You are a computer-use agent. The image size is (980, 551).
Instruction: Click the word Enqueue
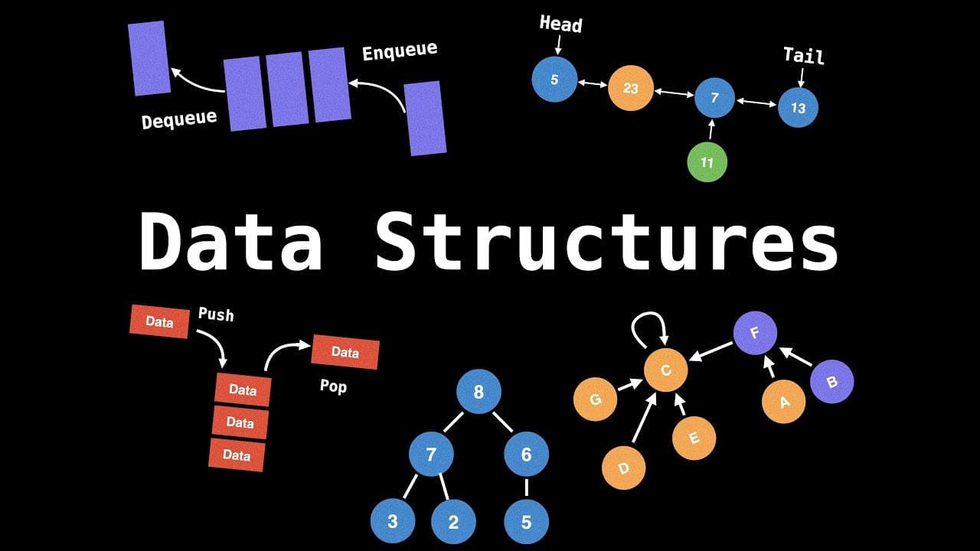400,52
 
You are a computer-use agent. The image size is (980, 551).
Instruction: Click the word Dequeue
179,119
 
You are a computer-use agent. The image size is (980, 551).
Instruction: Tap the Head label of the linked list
560,24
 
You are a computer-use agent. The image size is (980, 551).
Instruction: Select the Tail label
803,56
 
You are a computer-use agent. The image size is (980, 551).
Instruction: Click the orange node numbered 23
630,88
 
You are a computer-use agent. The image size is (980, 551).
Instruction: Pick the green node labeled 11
707,162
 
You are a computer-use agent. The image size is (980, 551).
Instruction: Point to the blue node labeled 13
798,108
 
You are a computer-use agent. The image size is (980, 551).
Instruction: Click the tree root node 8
479,393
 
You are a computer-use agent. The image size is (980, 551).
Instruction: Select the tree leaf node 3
392,522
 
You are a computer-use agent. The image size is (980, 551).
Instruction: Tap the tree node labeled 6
526,455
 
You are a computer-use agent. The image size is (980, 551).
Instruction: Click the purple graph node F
755,334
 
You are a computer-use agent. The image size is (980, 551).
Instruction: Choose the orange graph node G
595,399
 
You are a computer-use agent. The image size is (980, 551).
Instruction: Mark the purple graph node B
831,382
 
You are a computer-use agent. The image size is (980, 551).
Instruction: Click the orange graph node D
623,467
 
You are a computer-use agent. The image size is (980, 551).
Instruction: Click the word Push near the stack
216,315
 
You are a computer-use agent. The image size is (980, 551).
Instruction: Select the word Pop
333,386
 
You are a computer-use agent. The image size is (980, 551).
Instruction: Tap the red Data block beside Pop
345,352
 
